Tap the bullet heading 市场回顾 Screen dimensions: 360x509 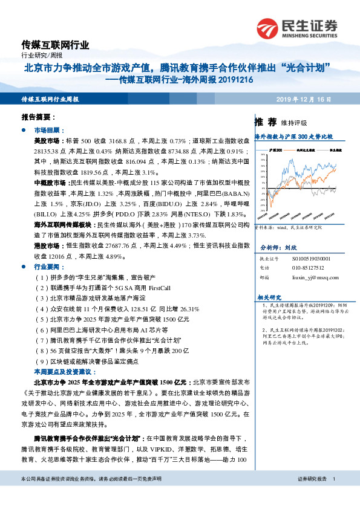click(47, 130)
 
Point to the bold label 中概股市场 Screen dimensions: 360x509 click(50, 181)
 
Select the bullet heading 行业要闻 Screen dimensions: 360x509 click(47, 266)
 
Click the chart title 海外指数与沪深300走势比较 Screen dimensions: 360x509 click(293, 137)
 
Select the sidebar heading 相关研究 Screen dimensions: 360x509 click(270, 297)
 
